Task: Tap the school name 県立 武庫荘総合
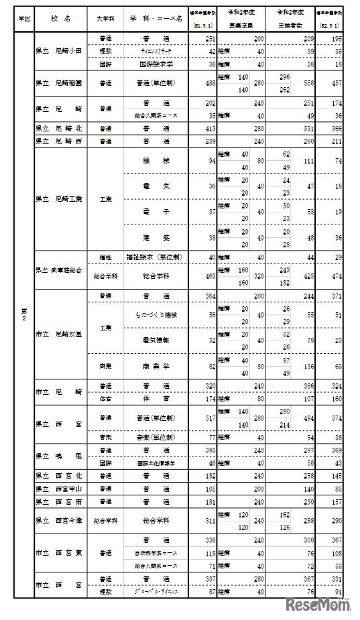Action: pos(58,269)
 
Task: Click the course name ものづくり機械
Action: pos(156,314)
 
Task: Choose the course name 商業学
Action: pos(156,367)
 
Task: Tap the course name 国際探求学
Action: pos(156,65)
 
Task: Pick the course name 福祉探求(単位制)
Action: pos(156,257)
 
